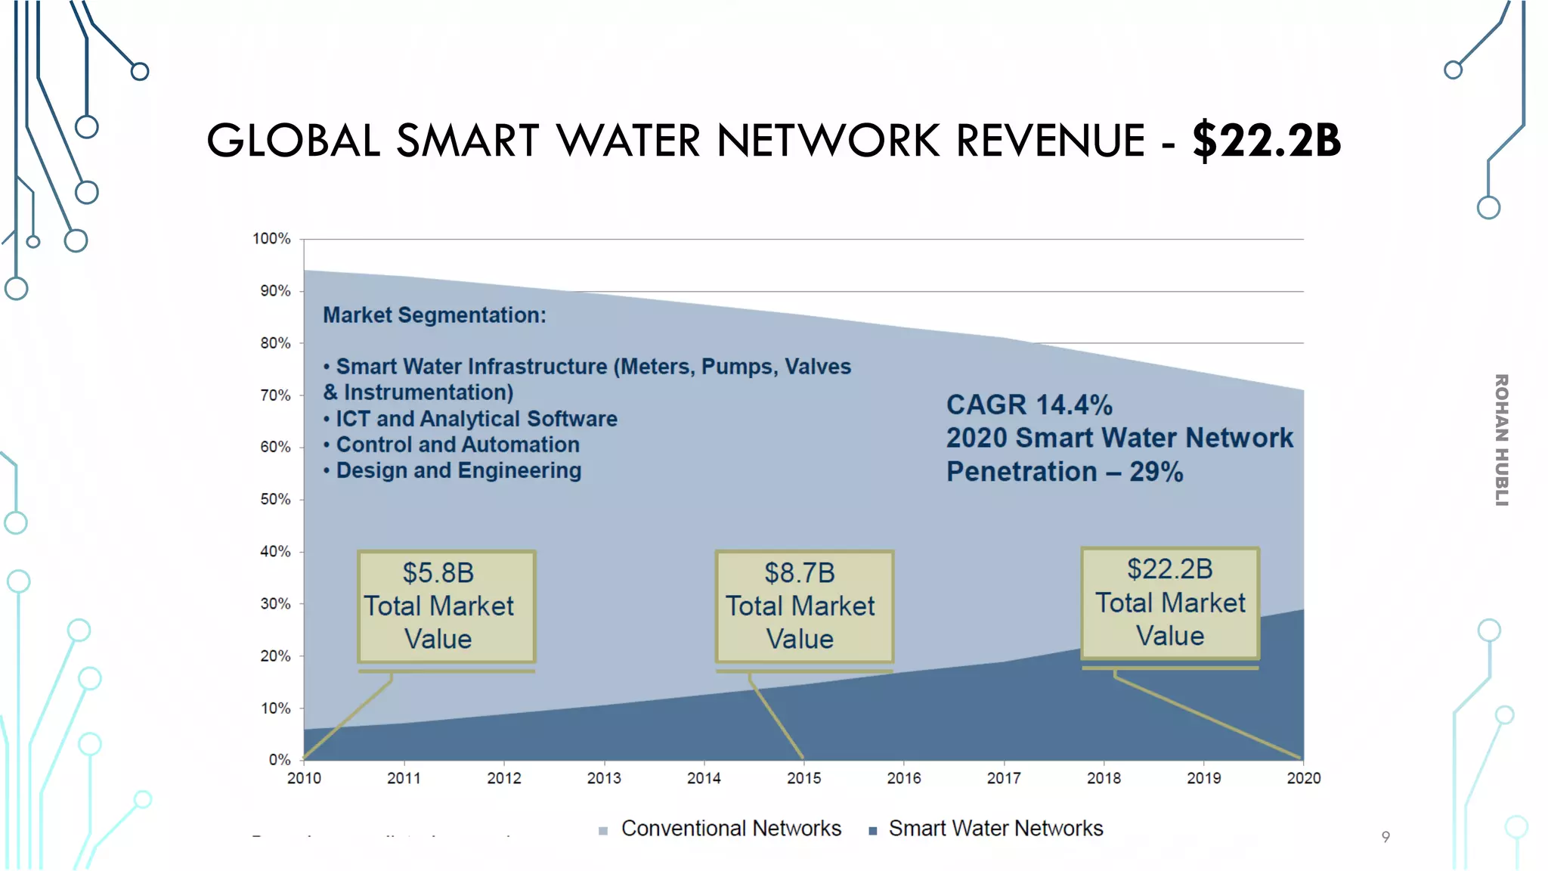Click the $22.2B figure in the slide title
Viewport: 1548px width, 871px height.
coord(1266,141)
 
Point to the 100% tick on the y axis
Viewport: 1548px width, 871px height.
coord(271,239)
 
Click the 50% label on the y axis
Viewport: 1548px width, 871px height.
coord(275,500)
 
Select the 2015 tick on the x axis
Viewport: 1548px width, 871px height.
coord(803,778)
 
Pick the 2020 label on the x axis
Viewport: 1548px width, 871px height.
coord(1303,778)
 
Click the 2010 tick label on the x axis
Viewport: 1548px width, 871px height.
coord(304,778)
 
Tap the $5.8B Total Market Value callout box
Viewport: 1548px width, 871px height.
coord(446,606)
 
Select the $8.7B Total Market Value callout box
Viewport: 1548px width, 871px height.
coord(804,606)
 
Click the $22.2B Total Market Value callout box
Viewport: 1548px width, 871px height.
coord(1170,603)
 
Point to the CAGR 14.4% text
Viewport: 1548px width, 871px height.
coord(1029,405)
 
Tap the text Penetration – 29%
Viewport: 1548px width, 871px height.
coord(1064,472)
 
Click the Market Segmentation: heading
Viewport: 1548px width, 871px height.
coord(434,315)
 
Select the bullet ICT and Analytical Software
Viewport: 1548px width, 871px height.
coord(475,419)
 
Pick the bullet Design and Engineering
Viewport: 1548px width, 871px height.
coord(458,470)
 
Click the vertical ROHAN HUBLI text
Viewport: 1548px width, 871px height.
coord(1501,439)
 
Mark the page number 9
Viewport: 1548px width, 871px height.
coord(1385,837)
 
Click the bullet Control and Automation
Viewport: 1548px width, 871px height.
coord(457,445)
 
